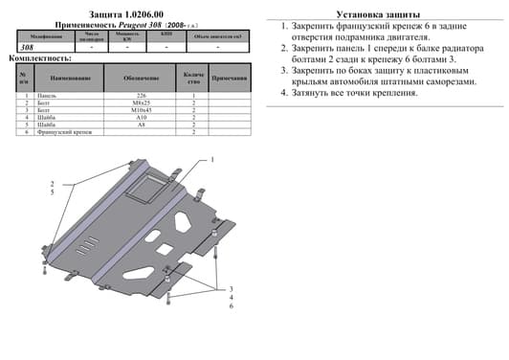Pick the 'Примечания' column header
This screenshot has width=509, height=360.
click(x=229, y=78)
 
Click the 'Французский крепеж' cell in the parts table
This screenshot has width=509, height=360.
click(x=62, y=132)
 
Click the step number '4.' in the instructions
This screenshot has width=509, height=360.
click(x=284, y=93)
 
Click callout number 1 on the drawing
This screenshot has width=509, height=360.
click(x=212, y=159)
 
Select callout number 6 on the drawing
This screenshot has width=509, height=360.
click(x=231, y=306)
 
